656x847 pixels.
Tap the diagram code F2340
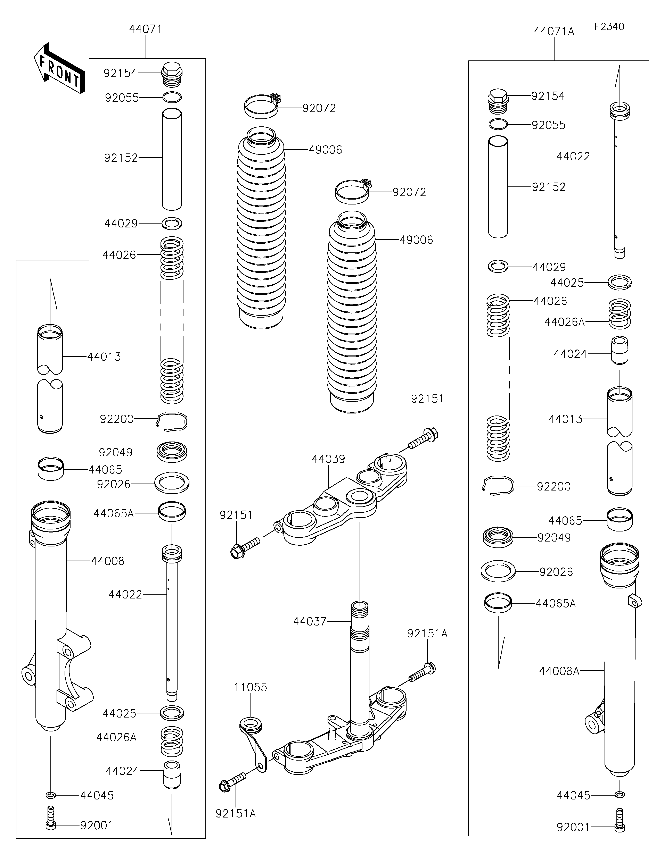coord(609,27)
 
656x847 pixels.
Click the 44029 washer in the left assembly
coord(172,223)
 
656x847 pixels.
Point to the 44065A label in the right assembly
coord(556,603)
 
